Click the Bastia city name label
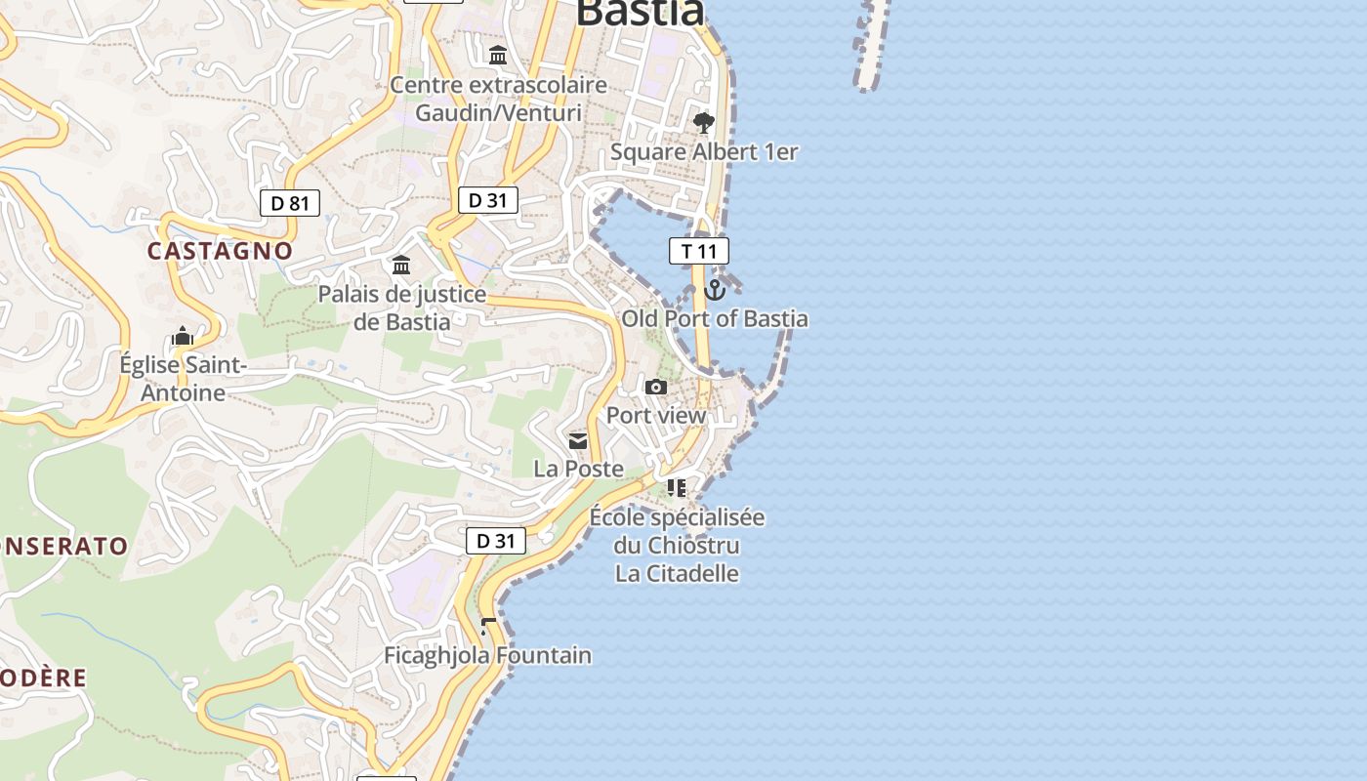tap(640, 13)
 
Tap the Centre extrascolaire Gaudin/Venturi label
tap(498, 99)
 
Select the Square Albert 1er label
tap(704, 152)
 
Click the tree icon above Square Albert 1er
tap(703, 123)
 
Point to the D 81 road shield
tap(290, 203)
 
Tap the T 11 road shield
tap(699, 251)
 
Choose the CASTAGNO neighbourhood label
tap(220, 251)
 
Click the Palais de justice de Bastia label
tap(402, 308)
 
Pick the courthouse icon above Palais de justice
tap(401, 266)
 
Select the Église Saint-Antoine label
tap(183, 379)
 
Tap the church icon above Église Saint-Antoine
tap(183, 337)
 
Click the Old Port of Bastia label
tap(715, 319)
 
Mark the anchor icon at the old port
tap(715, 290)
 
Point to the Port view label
tap(656, 416)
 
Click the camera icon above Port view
tap(656, 388)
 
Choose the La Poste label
tap(578, 470)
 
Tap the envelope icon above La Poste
tap(578, 441)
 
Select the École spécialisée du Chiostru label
tap(677, 531)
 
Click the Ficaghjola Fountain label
tap(487, 655)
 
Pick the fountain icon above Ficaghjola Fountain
tap(488, 626)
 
